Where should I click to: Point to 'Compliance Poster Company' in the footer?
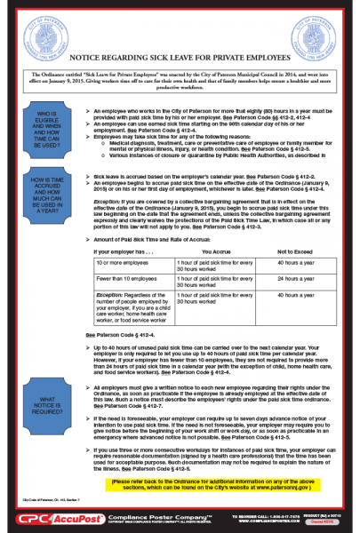tap(151, 515)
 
